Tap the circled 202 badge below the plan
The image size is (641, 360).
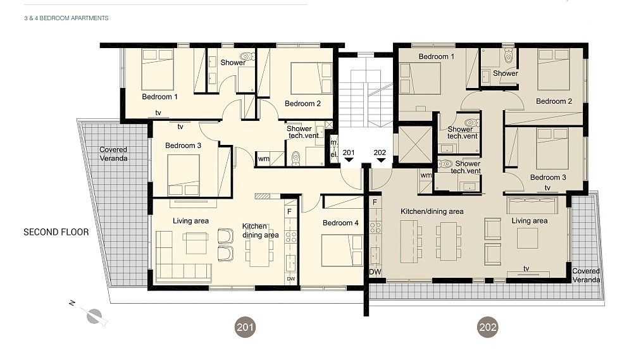tap(488, 327)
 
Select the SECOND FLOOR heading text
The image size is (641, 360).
tap(56, 232)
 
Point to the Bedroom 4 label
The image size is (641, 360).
tap(340, 223)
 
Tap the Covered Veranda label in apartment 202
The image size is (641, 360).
tap(585, 275)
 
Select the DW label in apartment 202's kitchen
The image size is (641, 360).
tap(375, 272)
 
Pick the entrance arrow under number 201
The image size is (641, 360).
tap(349, 161)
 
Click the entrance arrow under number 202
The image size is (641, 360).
tap(380, 161)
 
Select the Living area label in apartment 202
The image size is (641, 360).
tap(530, 221)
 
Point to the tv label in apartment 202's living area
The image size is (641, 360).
tap(526, 268)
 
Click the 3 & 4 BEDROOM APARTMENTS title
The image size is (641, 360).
tap(66, 18)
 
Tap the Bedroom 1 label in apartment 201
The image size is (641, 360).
tap(159, 97)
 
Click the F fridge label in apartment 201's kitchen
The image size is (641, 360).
tap(289, 211)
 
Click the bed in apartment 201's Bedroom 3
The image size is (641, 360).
tap(184, 175)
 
